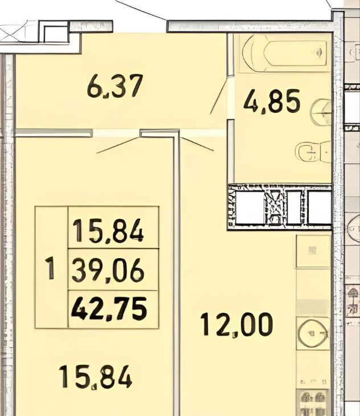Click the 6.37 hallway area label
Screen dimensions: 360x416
(x=115, y=85)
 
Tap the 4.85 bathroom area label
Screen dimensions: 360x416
(x=272, y=101)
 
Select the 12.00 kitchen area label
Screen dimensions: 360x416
(x=236, y=324)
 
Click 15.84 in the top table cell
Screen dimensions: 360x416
(x=108, y=231)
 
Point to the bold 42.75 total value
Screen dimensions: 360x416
(x=109, y=309)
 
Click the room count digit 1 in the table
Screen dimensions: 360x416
(x=50, y=267)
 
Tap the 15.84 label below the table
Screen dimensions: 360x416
(x=95, y=377)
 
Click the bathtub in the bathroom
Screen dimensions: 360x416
(x=284, y=53)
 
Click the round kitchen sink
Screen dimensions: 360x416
(x=313, y=333)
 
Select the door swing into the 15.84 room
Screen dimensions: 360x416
(x=118, y=145)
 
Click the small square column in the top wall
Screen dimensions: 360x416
(x=55, y=32)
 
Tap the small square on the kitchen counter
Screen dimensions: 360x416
(x=313, y=250)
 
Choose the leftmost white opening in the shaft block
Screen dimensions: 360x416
(x=249, y=207)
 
